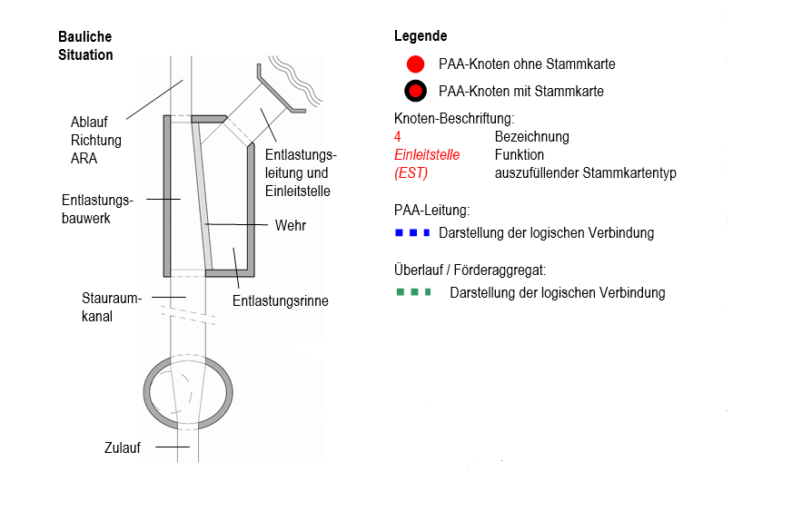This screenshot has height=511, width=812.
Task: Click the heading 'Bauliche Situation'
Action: [x=85, y=45]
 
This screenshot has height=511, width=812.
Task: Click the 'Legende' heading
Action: [x=421, y=36]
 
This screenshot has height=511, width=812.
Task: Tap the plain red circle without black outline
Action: [x=416, y=64]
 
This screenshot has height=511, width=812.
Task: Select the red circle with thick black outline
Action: [x=416, y=92]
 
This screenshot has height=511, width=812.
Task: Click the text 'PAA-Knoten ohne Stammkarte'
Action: [x=527, y=64]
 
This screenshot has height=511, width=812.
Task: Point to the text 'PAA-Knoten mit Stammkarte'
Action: [x=520, y=92]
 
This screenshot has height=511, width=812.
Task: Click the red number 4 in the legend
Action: [x=398, y=137]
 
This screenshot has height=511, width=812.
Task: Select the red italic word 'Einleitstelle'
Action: [x=427, y=155]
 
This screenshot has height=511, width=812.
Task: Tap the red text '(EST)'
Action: [x=411, y=173]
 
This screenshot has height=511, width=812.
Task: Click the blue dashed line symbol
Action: [x=411, y=233]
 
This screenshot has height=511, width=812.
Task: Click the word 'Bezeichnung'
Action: [x=531, y=137]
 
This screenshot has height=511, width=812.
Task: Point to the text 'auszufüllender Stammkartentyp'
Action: [x=585, y=173]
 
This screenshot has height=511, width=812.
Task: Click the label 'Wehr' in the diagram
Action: [x=291, y=224]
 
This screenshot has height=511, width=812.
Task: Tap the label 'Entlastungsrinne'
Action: [x=281, y=301]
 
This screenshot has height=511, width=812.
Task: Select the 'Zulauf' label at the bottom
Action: [x=122, y=447]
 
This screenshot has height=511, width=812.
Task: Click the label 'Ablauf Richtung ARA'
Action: [x=96, y=140]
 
